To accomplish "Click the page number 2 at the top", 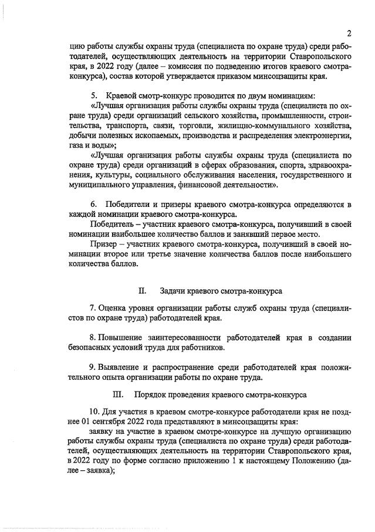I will pos(348,33).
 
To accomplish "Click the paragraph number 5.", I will pos(93,95).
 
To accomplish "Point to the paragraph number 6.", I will pos(93,204).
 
